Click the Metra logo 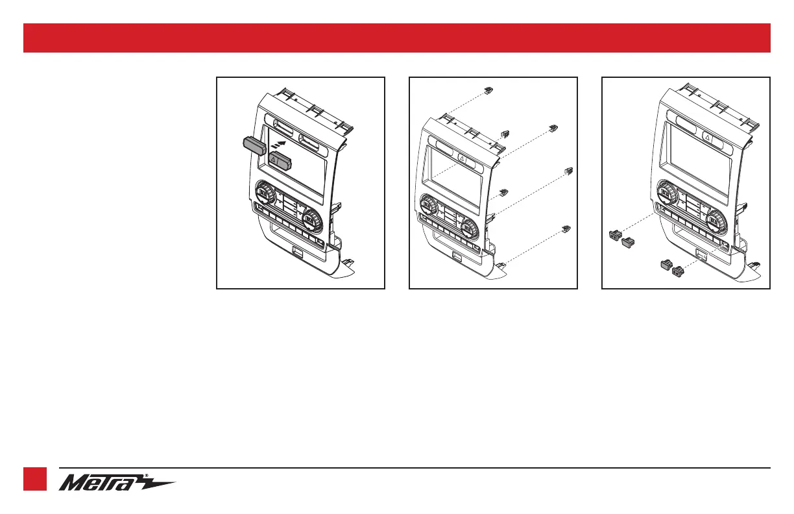(117, 483)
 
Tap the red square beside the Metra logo (35, 480)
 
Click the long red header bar (396, 38)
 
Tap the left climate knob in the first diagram (264, 192)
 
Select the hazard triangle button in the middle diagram (463, 158)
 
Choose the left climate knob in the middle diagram (429, 205)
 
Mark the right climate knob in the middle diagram (468, 226)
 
